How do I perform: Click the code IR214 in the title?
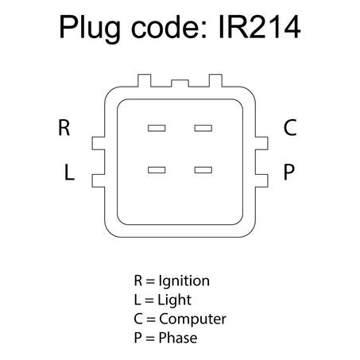[259, 27]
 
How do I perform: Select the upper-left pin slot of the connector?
[157, 128]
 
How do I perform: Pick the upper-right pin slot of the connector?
[203, 128]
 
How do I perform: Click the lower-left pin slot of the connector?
[157, 170]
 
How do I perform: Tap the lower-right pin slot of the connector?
[203, 170]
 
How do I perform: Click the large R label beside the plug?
[64, 127]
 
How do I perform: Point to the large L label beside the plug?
[69, 172]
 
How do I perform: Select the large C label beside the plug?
[290, 127]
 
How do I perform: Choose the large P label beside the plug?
[288, 172]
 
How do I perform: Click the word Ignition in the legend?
[184, 281]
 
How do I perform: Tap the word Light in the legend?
[174, 300]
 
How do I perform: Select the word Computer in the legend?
[192, 319]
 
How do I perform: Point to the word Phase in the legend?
[178, 338]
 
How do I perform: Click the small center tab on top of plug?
[180, 83]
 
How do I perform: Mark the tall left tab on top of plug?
[145, 80]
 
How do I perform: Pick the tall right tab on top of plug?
[215, 80]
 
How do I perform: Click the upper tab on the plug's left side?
[99, 143]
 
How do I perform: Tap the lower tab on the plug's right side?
[261, 180]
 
